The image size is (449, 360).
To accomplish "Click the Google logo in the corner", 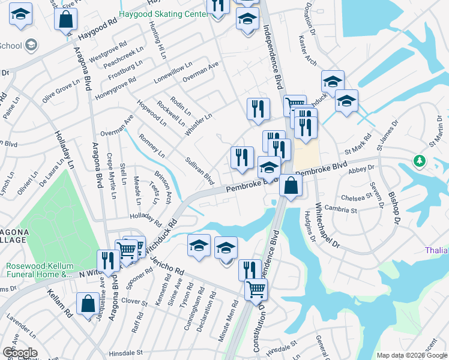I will (x=20, y=353).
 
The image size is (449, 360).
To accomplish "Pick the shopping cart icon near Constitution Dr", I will (x=256, y=290).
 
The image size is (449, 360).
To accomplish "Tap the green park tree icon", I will (x=420, y=161).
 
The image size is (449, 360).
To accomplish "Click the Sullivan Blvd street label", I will (x=200, y=170).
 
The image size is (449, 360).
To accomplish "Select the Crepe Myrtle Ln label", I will (x=112, y=176).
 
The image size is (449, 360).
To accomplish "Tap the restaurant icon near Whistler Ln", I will (x=257, y=109).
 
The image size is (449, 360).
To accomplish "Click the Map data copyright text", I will (x=411, y=355).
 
